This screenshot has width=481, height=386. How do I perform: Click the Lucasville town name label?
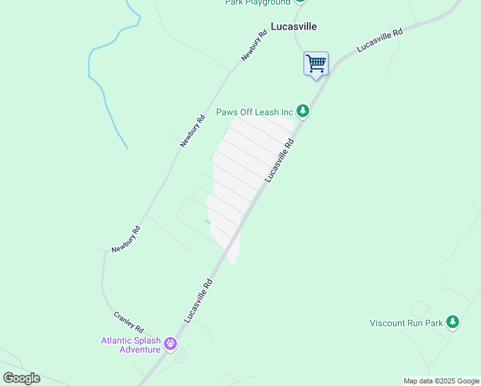(294, 27)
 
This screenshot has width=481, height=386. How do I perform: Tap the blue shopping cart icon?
(316, 64)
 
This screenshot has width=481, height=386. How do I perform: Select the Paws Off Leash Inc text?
(254, 112)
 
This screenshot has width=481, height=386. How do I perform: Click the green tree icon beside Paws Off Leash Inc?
(303, 111)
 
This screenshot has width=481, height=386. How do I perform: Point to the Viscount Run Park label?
(406, 323)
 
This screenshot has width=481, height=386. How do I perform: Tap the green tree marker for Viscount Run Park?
(453, 322)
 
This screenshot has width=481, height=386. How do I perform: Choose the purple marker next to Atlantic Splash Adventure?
(170, 344)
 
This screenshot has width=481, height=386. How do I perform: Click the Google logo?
(21, 378)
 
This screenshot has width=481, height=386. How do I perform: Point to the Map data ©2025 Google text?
(442, 381)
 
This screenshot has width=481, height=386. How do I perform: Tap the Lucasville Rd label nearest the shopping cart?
(379, 40)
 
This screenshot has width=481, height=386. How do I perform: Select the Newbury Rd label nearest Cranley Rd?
(125, 239)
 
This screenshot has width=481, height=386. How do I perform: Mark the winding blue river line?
(103, 90)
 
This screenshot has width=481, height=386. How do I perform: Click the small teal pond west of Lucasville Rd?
(207, 222)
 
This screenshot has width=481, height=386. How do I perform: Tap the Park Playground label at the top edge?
(257, 3)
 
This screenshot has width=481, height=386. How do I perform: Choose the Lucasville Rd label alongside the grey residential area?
(279, 160)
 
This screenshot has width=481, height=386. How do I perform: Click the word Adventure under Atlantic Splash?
(140, 349)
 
